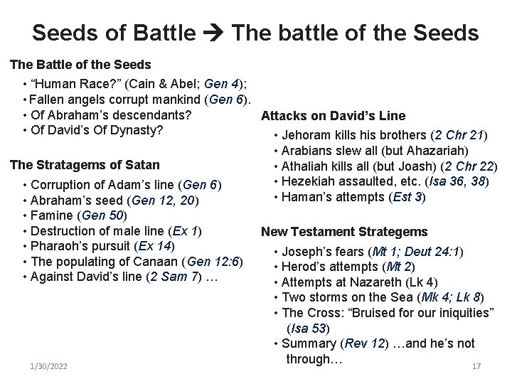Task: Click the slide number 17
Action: click(x=476, y=366)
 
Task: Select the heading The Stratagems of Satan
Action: click(x=84, y=166)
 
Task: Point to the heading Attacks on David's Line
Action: click(x=334, y=116)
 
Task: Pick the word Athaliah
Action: click(x=305, y=166)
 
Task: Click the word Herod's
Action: click(x=302, y=267)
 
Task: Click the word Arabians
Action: click(x=306, y=151)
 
